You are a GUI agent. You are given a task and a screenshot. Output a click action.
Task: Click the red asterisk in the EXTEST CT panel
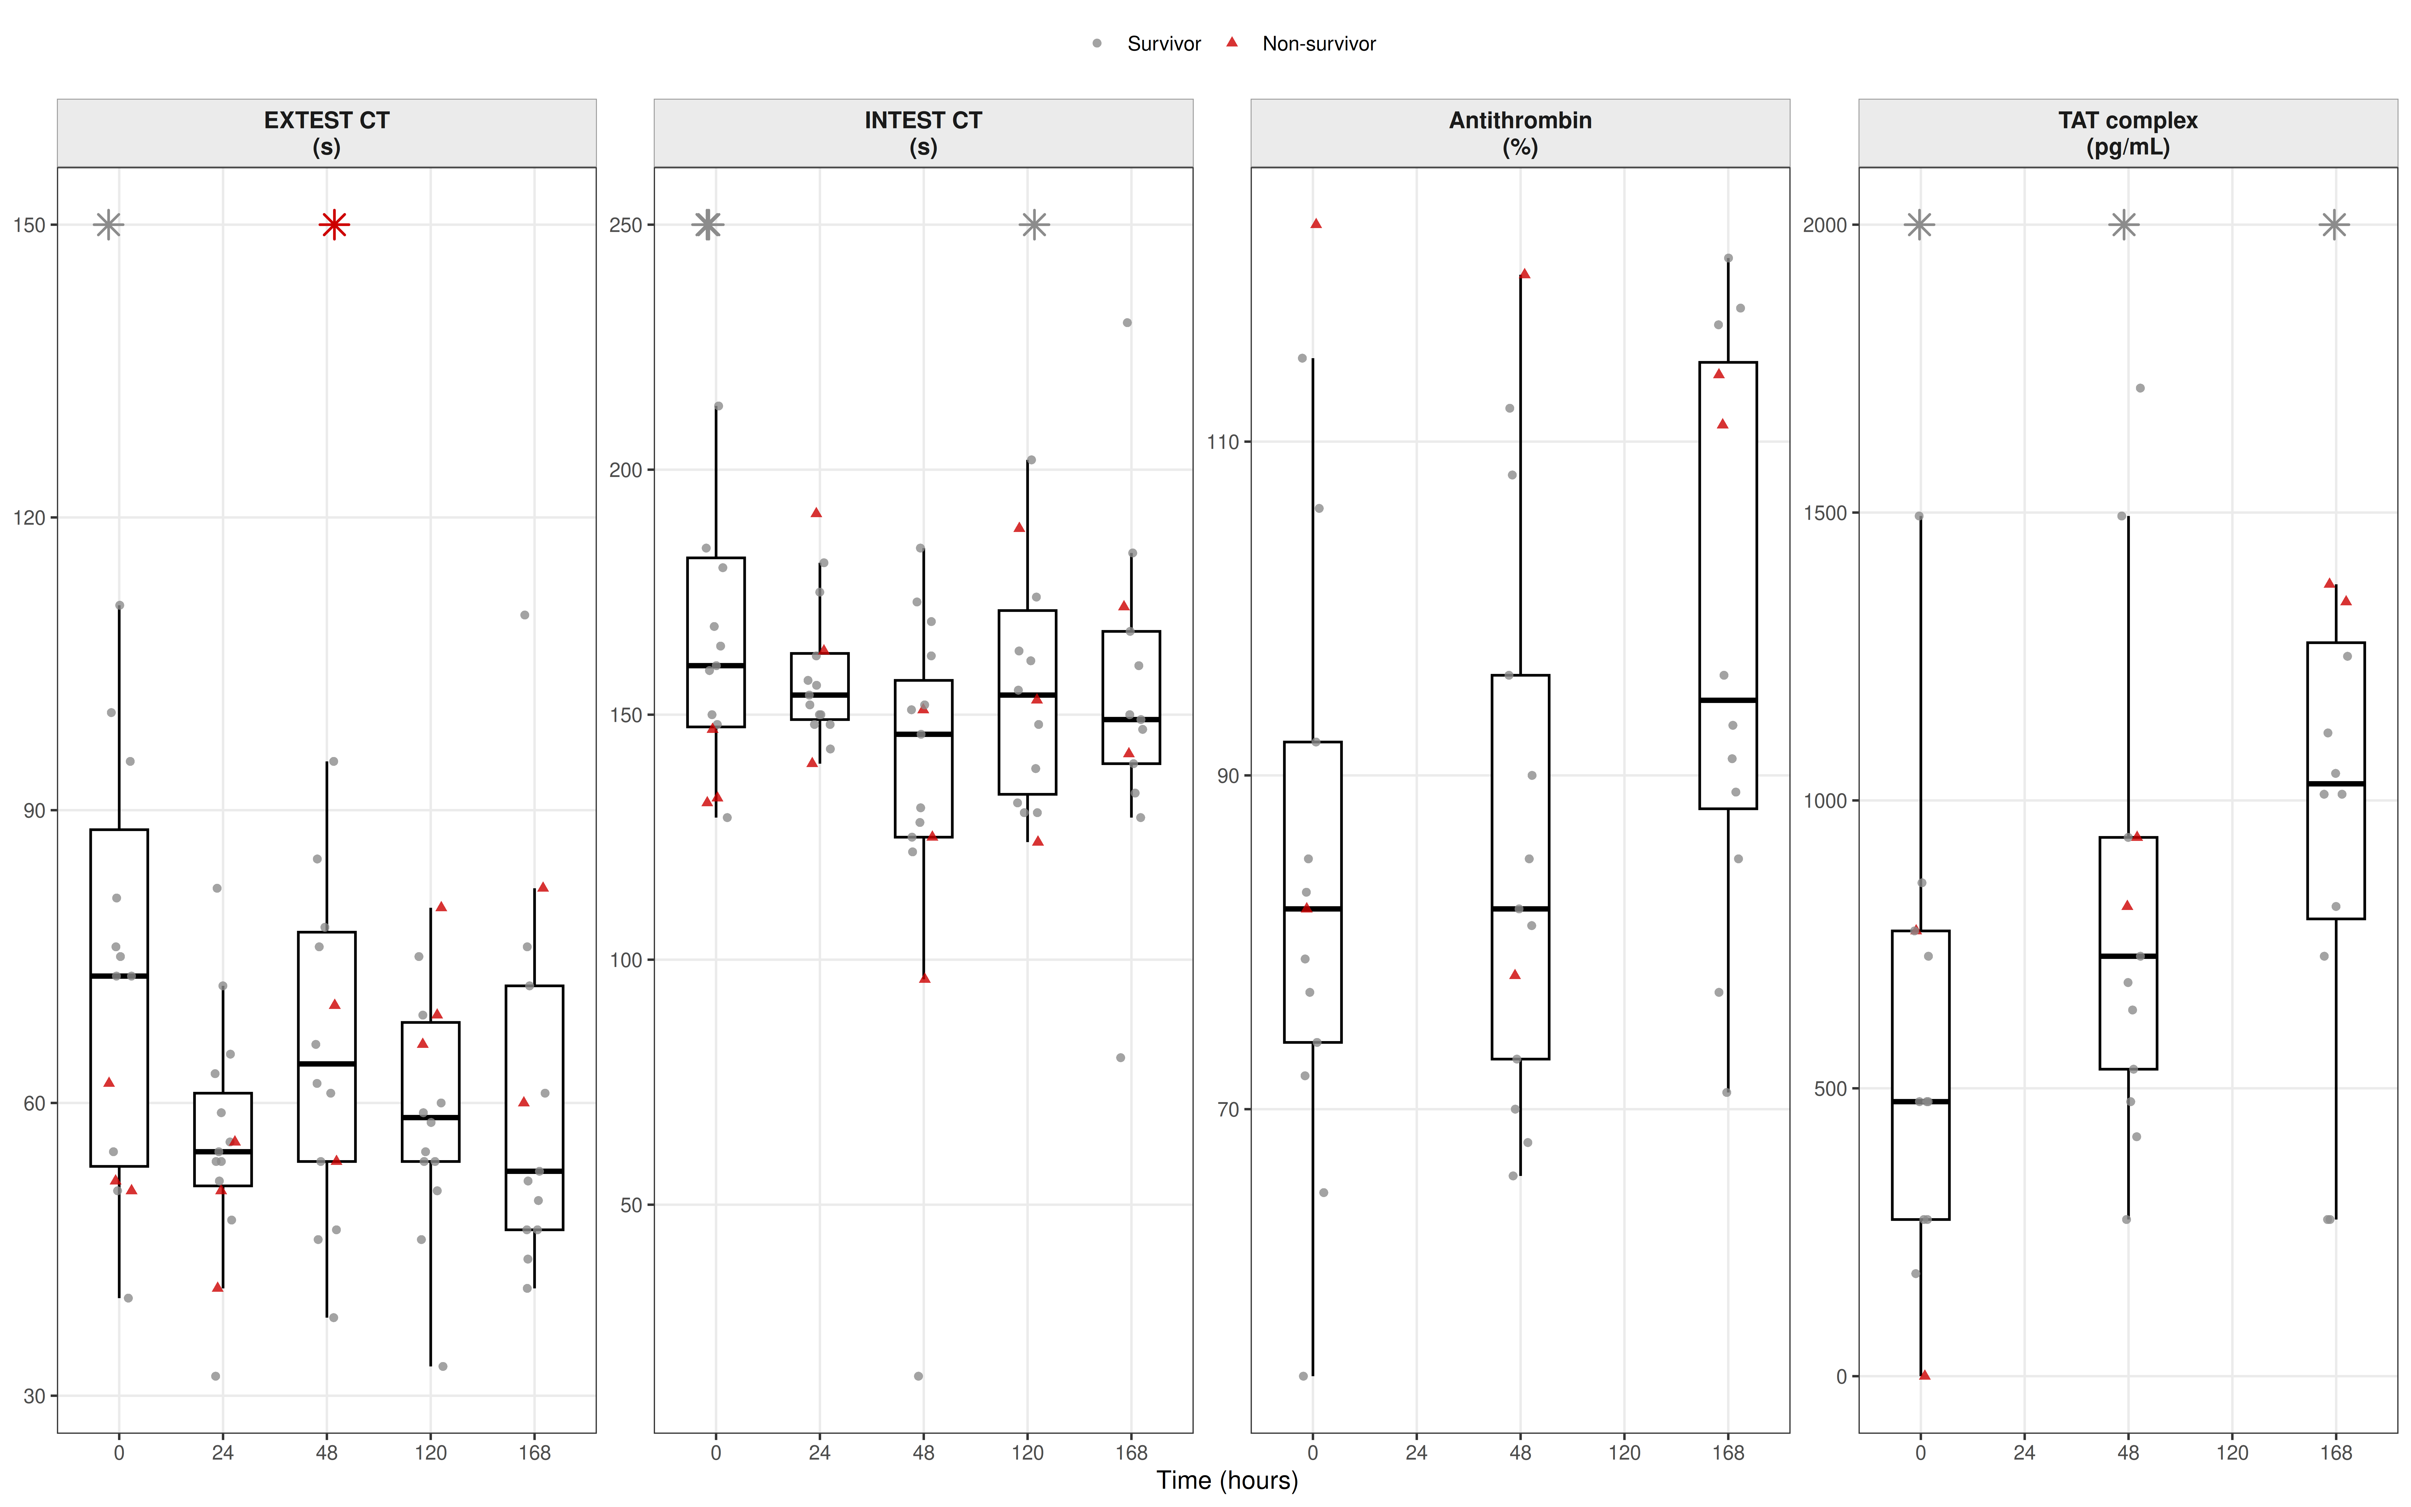pos(334,225)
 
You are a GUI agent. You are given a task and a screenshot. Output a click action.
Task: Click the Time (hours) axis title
pos(1226,1480)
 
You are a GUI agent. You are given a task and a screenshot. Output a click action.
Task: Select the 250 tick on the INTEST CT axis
pos(626,225)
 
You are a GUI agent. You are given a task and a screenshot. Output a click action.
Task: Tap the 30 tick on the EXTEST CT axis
pos(34,1395)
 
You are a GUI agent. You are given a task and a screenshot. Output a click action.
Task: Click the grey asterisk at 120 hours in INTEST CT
pos(1034,225)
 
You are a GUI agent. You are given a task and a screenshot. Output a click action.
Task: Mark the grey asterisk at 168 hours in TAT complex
pos(2334,225)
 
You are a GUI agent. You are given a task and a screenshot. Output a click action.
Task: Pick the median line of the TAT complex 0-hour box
pos(1920,1101)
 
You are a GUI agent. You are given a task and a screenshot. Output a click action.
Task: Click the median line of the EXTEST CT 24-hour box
pos(222,1151)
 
